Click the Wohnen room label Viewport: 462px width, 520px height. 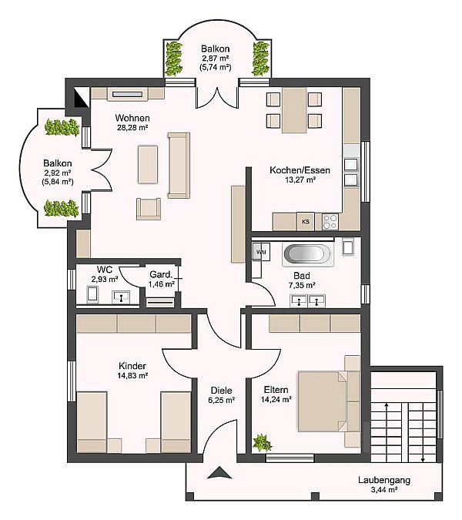tap(132, 118)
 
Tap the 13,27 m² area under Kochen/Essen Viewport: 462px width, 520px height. tap(300, 180)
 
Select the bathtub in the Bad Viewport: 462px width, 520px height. tap(306, 254)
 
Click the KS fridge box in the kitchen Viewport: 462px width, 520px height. tap(305, 221)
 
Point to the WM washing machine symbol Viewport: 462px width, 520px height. tap(261, 252)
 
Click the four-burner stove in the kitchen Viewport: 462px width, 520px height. tap(330, 222)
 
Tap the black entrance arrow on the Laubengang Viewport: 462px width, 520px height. tap(219, 472)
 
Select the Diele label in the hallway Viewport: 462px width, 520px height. tap(222, 391)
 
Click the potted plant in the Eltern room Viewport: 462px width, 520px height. tap(262, 443)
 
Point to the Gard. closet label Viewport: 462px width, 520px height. tap(161, 274)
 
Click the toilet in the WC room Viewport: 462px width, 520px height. tap(92, 294)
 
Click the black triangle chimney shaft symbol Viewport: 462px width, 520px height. tap(81, 97)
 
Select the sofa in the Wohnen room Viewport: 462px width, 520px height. tap(179, 165)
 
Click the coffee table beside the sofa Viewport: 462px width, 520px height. tap(148, 165)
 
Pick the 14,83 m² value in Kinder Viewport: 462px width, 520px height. tap(132, 375)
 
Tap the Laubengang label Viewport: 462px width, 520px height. tap(384, 480)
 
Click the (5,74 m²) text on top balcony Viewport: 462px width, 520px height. tap(216, 67)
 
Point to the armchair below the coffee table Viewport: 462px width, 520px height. tap(149, 209)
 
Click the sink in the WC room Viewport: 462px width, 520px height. tap(122, 297)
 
